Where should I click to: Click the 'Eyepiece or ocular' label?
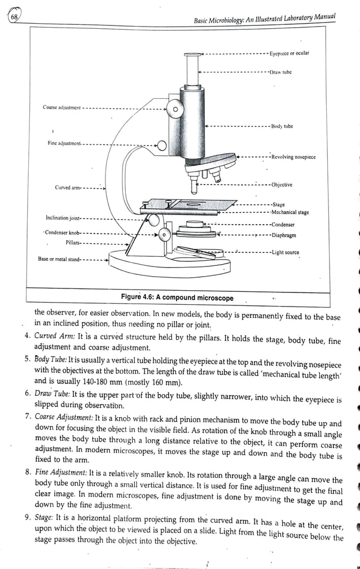click(289, 54)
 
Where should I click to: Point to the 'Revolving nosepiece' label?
click(293, 157)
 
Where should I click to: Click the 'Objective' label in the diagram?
click(282, 185)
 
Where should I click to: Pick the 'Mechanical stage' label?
click(290, 213)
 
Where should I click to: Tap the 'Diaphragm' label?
click(283, 235)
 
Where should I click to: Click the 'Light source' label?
click(285, 252)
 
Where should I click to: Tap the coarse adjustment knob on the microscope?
click(175, 109)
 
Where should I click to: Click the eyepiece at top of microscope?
click(192, 54)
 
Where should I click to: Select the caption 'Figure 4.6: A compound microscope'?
click(177, 297)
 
